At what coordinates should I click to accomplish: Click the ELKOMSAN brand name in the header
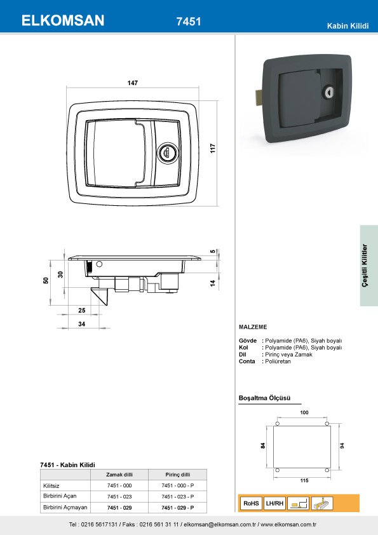[63, 20]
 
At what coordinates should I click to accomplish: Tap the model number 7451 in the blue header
[189, 22]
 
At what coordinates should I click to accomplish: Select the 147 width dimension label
[133, 83]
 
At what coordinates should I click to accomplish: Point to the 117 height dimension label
[213, 149]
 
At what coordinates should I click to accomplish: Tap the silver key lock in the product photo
[330, 91]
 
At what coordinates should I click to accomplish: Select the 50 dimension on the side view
[46, 280]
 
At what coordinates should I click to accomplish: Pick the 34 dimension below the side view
[81, 324]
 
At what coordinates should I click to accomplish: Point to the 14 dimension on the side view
[213, 283]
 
